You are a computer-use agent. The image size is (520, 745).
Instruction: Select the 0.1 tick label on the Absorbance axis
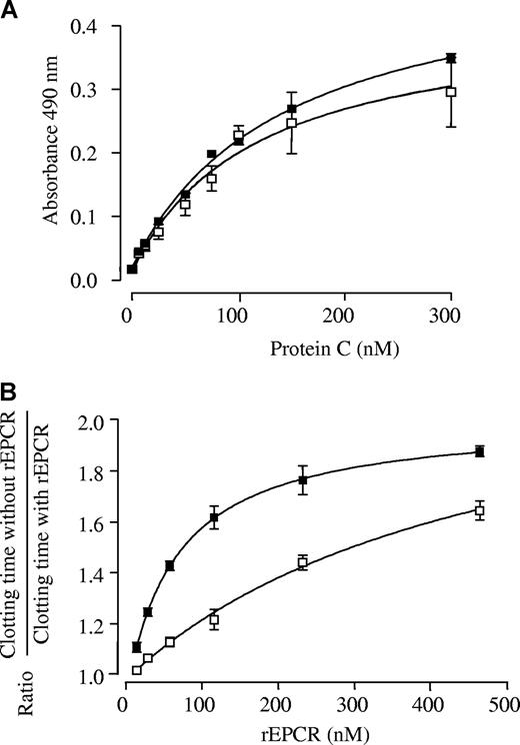coord(96,217)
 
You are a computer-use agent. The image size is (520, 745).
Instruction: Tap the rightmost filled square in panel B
coord(480,451)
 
